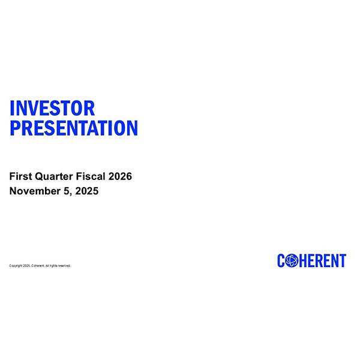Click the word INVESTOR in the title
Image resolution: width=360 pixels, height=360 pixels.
pyautogui.click(x=52, y=109)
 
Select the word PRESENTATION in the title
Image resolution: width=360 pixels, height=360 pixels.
pyautogui.click(x=74, y=128)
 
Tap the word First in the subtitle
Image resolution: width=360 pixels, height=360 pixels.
pyautogui.click(x=20, y=176)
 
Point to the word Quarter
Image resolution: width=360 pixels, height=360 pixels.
pyautogui.click(x=53, y=176)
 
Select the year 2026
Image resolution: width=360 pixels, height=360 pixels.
pyautogui.click(x=120, y=176)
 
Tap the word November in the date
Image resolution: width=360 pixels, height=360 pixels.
pyautogui.click(x=35, y=192)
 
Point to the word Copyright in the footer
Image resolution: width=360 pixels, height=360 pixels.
pyautogui.click(x=16, y=266)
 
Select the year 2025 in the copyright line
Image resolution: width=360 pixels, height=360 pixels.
pyautogui.click(x=26, y=266)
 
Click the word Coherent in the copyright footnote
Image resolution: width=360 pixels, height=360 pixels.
pyautogui.click(x=38, y=266)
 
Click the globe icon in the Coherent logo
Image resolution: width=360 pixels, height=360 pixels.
pyautogui.click(x=291, y=260)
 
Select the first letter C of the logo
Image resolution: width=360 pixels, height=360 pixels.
pyautogui.click(x=281, y=260)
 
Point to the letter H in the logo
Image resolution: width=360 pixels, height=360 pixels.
pyautogui.click(x=302, y=260)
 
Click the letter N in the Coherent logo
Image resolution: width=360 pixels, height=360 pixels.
pyautogui.click(x=334, y=260)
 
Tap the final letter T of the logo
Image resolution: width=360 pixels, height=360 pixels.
pyautogui.click(x=343, y=260)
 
